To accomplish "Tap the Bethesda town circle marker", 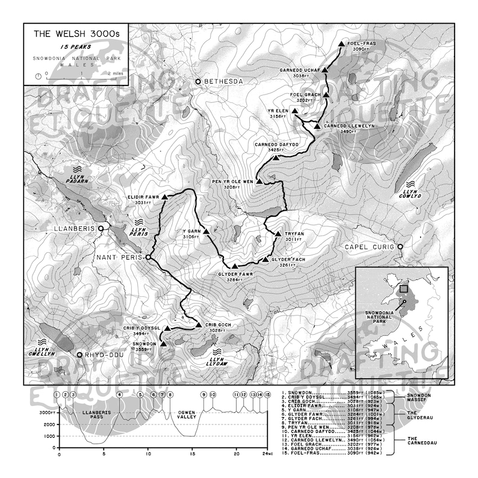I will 198,81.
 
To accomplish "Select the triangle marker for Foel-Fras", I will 341,44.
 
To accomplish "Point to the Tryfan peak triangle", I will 278,234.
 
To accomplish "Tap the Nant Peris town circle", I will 147,257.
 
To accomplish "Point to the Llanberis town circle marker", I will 102,229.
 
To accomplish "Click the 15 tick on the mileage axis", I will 192,455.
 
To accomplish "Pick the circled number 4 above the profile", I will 120,394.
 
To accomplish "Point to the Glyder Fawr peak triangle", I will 234,265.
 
